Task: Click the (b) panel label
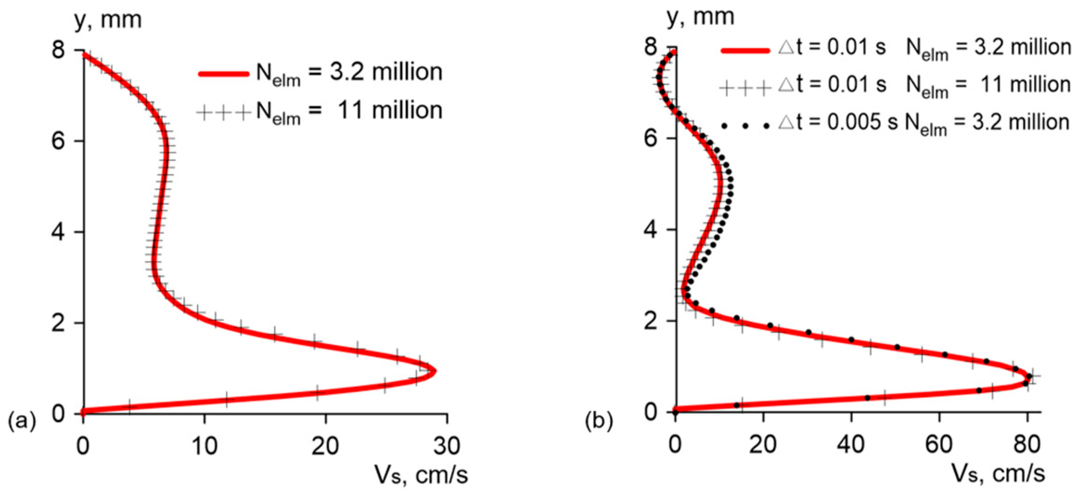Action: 599,421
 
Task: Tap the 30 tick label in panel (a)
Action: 447,446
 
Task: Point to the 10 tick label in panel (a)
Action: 204,446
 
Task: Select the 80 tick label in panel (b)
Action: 1026,444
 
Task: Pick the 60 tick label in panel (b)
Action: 938,444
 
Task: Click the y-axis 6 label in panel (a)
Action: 58,140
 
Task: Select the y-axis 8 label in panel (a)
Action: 58,49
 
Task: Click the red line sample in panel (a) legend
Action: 224,73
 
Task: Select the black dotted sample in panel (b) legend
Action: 745,125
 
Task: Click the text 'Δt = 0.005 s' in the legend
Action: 838,122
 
